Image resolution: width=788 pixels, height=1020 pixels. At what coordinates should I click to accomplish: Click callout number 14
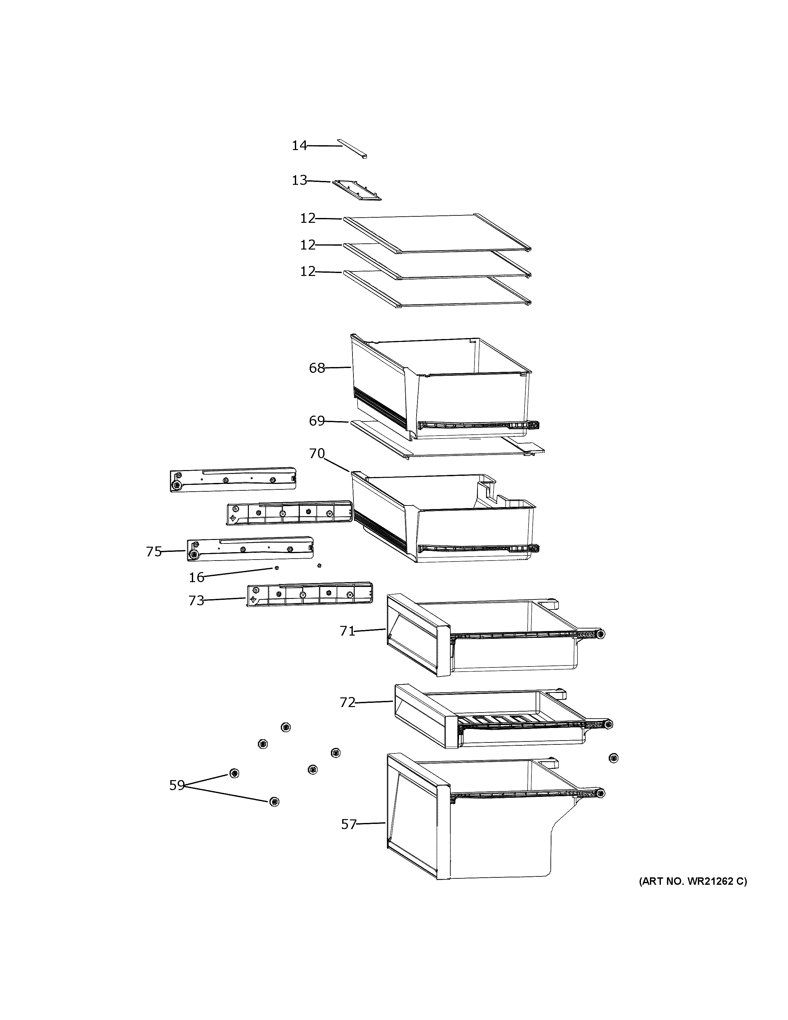(299, 146)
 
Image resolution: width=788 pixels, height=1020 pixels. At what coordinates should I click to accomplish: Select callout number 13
(299, 180)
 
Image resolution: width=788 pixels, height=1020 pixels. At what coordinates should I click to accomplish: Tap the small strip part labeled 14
(353, 148)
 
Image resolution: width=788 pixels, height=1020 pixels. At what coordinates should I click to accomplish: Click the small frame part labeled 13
(357, 190)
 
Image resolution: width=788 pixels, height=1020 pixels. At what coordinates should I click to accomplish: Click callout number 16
(197, 578)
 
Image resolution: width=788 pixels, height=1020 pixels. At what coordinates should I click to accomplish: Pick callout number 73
(197, 600)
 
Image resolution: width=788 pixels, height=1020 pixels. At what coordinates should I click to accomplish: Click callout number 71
(347, 631)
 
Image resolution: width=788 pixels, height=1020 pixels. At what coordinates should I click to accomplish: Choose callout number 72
(347, 715)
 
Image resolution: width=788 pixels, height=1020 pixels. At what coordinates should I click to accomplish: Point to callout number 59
(177, 786)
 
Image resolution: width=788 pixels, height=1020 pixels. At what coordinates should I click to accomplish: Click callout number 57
(349, 824)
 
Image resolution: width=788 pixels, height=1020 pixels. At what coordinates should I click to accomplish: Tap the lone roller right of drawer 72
(614, 758)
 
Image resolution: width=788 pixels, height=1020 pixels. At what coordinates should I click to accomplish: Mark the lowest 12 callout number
(308, 271)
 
